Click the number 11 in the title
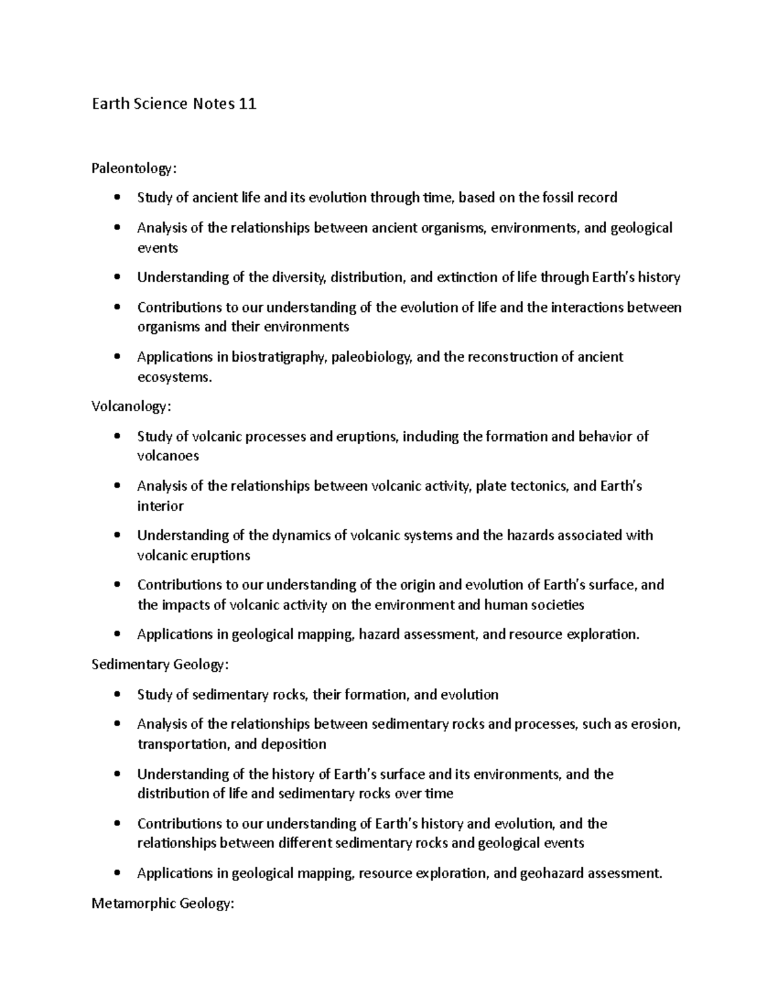[247, 104]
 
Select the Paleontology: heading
[134, 169]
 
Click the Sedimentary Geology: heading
[160, 665]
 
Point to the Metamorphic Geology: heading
[162, 903]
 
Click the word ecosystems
[174, 377]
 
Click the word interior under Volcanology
[160, 506]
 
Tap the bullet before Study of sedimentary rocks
[117, 695]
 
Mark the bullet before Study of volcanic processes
[117, 436]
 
